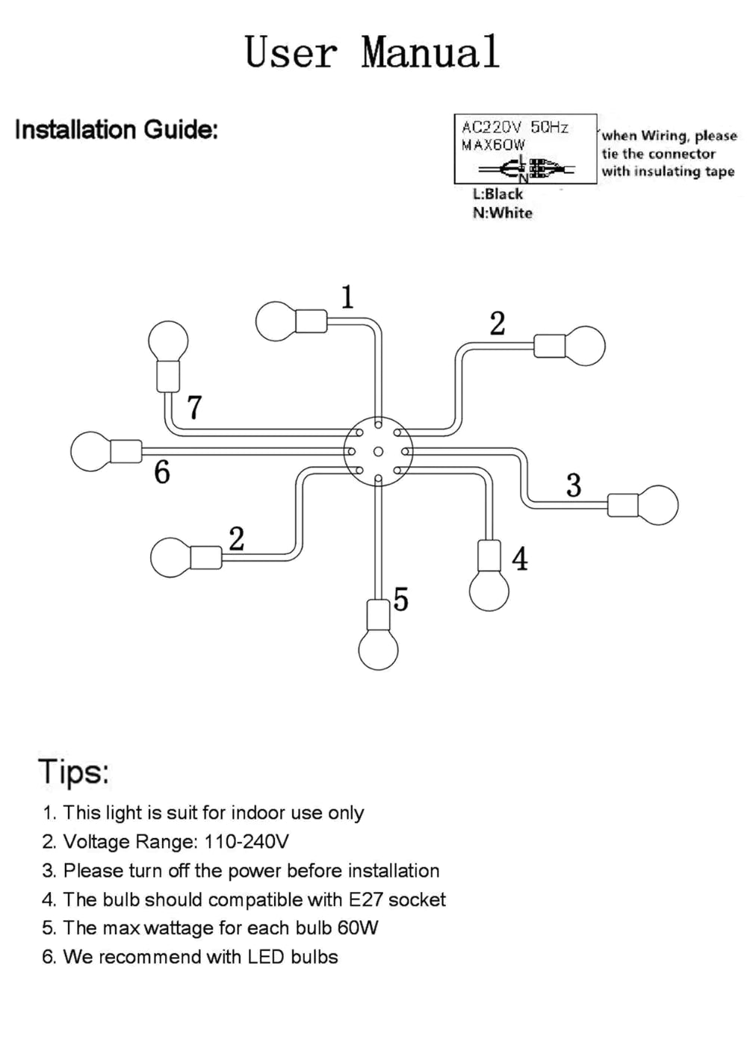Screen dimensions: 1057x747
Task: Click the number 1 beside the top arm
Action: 347,297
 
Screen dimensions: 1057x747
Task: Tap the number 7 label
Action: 194,408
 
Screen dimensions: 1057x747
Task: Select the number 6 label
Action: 162,472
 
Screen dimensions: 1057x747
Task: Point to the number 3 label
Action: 574,486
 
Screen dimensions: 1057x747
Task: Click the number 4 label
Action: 520,559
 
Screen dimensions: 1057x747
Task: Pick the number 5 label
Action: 401,599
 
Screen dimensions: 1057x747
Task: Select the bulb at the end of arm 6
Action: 90,451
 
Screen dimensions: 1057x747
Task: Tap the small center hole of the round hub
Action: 378,452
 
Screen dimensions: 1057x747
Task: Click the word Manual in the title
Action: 430,52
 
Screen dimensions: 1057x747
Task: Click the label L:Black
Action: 498,193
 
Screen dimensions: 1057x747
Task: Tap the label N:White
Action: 502,213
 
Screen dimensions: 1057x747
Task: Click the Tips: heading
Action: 74,771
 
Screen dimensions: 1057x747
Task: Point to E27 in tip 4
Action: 365,899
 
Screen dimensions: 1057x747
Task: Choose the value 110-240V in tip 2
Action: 246,842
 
